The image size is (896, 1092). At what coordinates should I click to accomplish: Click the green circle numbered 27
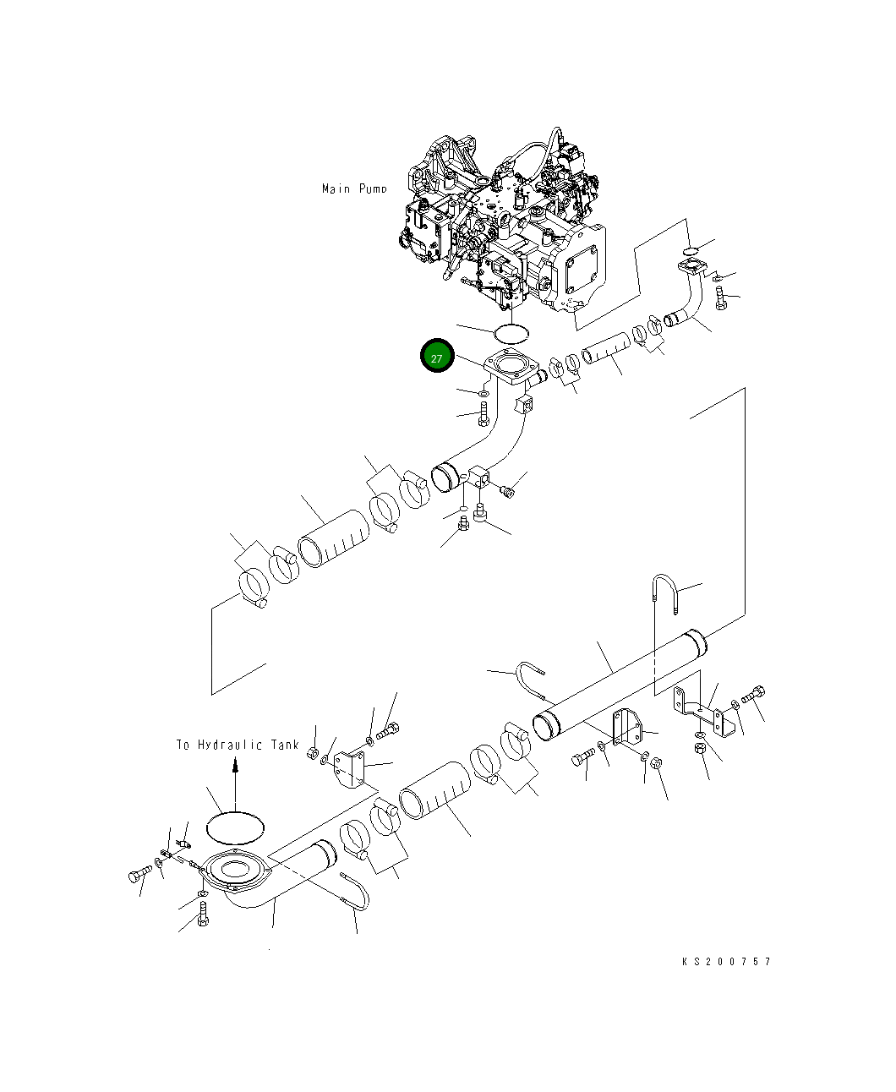coord(437,358)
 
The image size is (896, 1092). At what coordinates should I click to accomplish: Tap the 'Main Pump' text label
coord(354,188)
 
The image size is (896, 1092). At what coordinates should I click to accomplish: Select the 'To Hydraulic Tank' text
coord(237,745)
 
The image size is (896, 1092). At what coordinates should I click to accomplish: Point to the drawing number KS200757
coord(726,961)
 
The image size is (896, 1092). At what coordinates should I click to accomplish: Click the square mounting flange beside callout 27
coord(511,371)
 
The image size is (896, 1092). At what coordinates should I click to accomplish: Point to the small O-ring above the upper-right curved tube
coord(690,248)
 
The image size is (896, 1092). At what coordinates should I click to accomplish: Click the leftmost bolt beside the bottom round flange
coord(138,876)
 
